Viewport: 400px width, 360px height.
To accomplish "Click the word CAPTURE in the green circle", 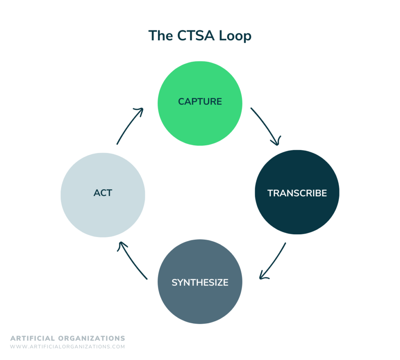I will tap(200, 102).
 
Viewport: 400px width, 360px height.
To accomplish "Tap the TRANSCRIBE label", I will tap(297, 193).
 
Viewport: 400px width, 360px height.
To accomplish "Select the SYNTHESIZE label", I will tap(200, 282).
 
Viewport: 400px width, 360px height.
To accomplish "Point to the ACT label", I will tap(103, 193).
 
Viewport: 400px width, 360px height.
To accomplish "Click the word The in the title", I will tap(161, 36).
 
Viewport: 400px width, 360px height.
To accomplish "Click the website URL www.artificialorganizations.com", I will tap(67, 346).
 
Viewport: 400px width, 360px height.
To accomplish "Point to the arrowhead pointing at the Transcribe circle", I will tap(277, 142).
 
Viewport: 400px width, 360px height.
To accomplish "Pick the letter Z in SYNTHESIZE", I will tap(220, 282).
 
